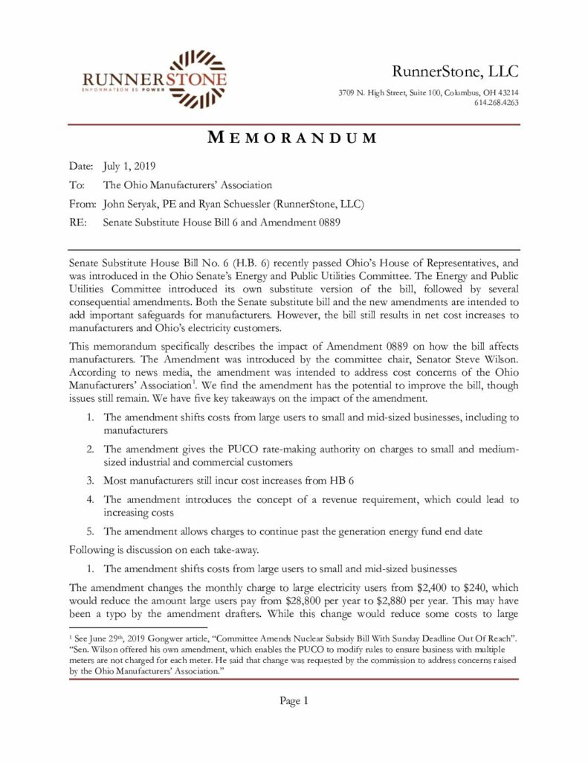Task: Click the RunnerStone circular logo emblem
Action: [x=196, y=77]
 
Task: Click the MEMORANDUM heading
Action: [x=292, y=138]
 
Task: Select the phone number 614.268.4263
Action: [x=496, y=103]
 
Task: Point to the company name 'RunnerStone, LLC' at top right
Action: [x=455, y=71]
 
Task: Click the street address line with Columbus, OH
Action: [x=428, y=92]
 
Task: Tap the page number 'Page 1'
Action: [x=294, y=700]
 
